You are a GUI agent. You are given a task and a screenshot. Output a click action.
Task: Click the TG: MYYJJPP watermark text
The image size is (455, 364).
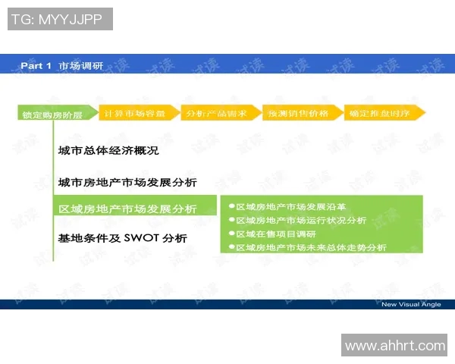pos(59,20)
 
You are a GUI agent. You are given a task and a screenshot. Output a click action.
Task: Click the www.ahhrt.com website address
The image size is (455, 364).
pos(395,346)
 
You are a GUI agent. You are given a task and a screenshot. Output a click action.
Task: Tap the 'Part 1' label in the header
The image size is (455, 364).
pos(36,66)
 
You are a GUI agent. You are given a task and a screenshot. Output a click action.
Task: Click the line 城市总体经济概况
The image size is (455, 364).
pos(108,152)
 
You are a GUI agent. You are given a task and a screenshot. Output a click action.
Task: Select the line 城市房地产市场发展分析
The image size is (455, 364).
pos(127,183)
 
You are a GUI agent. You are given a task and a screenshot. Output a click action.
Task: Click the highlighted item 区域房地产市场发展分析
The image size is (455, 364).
pos(127,209)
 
